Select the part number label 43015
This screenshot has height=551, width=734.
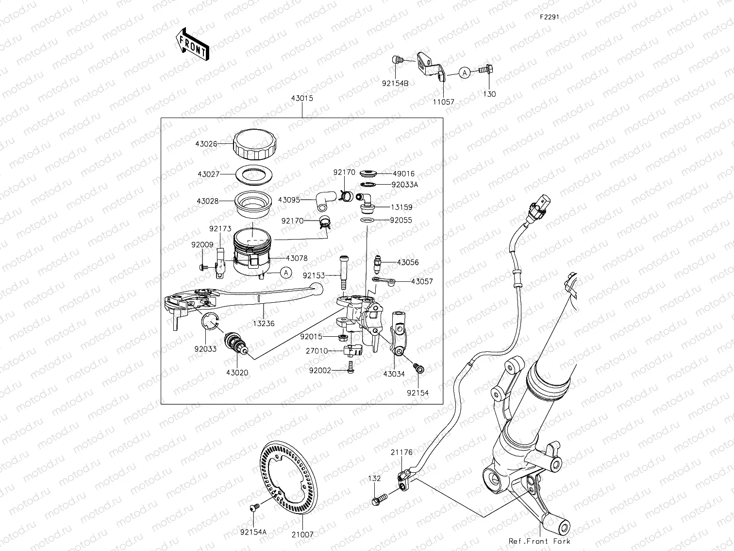click(302, 98)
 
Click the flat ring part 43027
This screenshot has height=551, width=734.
click(253, 174)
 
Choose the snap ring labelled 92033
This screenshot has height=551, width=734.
click(211, 322)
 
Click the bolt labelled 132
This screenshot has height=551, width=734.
click(379, 499)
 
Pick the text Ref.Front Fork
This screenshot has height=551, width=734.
click(539, 541)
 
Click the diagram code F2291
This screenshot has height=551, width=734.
click(549, 17)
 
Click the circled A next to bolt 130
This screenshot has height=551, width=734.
click(465, 73)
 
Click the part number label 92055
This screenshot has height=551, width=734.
click(401, 220)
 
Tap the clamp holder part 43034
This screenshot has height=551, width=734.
click(398, 335)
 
